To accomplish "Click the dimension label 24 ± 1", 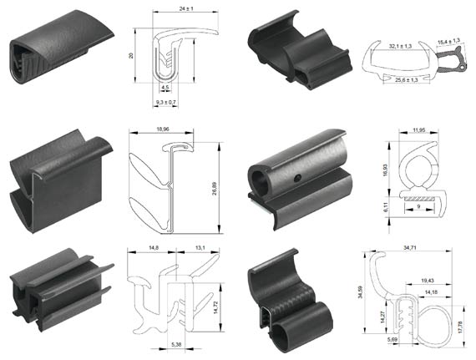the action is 186,9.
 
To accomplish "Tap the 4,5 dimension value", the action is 165,88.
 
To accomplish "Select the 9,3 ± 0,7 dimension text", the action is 165,103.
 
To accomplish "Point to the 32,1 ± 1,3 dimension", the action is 400,46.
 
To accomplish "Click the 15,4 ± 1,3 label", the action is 448,41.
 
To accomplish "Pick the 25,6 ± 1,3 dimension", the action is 406,80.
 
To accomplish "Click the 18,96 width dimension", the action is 163,129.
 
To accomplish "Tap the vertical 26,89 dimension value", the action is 215,188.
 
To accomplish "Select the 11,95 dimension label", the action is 419,130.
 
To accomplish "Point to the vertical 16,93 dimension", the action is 385,170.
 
